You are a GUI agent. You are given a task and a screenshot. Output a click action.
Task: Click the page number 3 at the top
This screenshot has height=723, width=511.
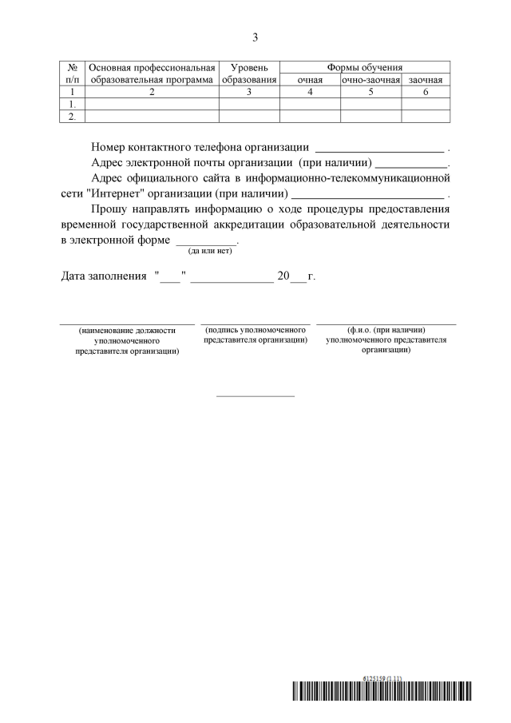coord(255,37)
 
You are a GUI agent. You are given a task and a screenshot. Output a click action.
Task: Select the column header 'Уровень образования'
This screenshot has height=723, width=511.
coord(249,73)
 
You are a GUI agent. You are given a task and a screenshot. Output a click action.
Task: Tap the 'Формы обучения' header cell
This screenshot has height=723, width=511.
coord(365,68)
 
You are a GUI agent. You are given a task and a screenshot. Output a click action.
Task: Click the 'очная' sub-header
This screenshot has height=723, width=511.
coord(310,80)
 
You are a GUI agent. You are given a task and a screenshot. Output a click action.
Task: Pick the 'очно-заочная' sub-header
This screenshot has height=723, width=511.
coord(370,80)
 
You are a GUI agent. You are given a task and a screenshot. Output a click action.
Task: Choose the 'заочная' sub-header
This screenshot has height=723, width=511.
coord(426,80)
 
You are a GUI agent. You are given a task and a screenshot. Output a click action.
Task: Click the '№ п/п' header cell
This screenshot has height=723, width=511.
coord(73,73)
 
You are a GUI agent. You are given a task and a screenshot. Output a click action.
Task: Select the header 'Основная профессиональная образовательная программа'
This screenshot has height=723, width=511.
coord(152,73)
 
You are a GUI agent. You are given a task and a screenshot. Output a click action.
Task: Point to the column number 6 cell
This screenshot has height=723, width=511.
coord(426,92)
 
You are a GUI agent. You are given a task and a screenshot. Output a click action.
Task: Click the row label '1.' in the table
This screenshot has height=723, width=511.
coord(73,104)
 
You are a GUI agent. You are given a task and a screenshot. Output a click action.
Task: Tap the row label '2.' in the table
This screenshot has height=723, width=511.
coord(73,116)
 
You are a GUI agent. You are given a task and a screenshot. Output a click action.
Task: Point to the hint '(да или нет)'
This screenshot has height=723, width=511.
coord(209,251)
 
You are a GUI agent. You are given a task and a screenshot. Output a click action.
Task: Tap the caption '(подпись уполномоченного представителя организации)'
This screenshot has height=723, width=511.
coord(256,335)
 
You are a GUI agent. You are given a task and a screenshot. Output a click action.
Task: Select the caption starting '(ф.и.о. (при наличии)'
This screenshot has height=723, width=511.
coord(386,340)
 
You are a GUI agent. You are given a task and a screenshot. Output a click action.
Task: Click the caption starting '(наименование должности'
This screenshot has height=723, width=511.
coord(126,340)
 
